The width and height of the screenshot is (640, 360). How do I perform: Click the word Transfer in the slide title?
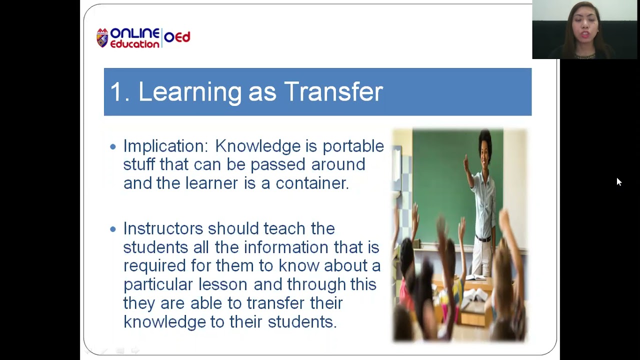click(333, 92)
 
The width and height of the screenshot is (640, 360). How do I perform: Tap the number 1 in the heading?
click(115, 92)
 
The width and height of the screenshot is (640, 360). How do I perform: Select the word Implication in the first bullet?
click(165, 146)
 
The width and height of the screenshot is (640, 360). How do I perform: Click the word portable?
click(353, 146)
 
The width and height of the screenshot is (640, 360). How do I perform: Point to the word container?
click(311, 183)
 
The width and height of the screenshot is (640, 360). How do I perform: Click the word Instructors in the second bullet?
click(163, 228)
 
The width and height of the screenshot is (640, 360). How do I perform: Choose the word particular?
click(158, 284)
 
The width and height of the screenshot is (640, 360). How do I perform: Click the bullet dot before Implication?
click(112, 146)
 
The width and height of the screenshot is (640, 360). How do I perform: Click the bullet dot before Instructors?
click(112, 229)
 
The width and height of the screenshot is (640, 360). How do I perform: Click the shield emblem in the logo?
click(102, 38)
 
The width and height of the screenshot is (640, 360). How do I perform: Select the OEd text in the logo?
click(177, 37)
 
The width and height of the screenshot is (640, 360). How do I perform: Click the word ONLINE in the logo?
click(134, 33)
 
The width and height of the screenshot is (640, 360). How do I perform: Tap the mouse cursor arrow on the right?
click(618, 181)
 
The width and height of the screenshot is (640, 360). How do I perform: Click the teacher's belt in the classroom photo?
click(482, 238)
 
